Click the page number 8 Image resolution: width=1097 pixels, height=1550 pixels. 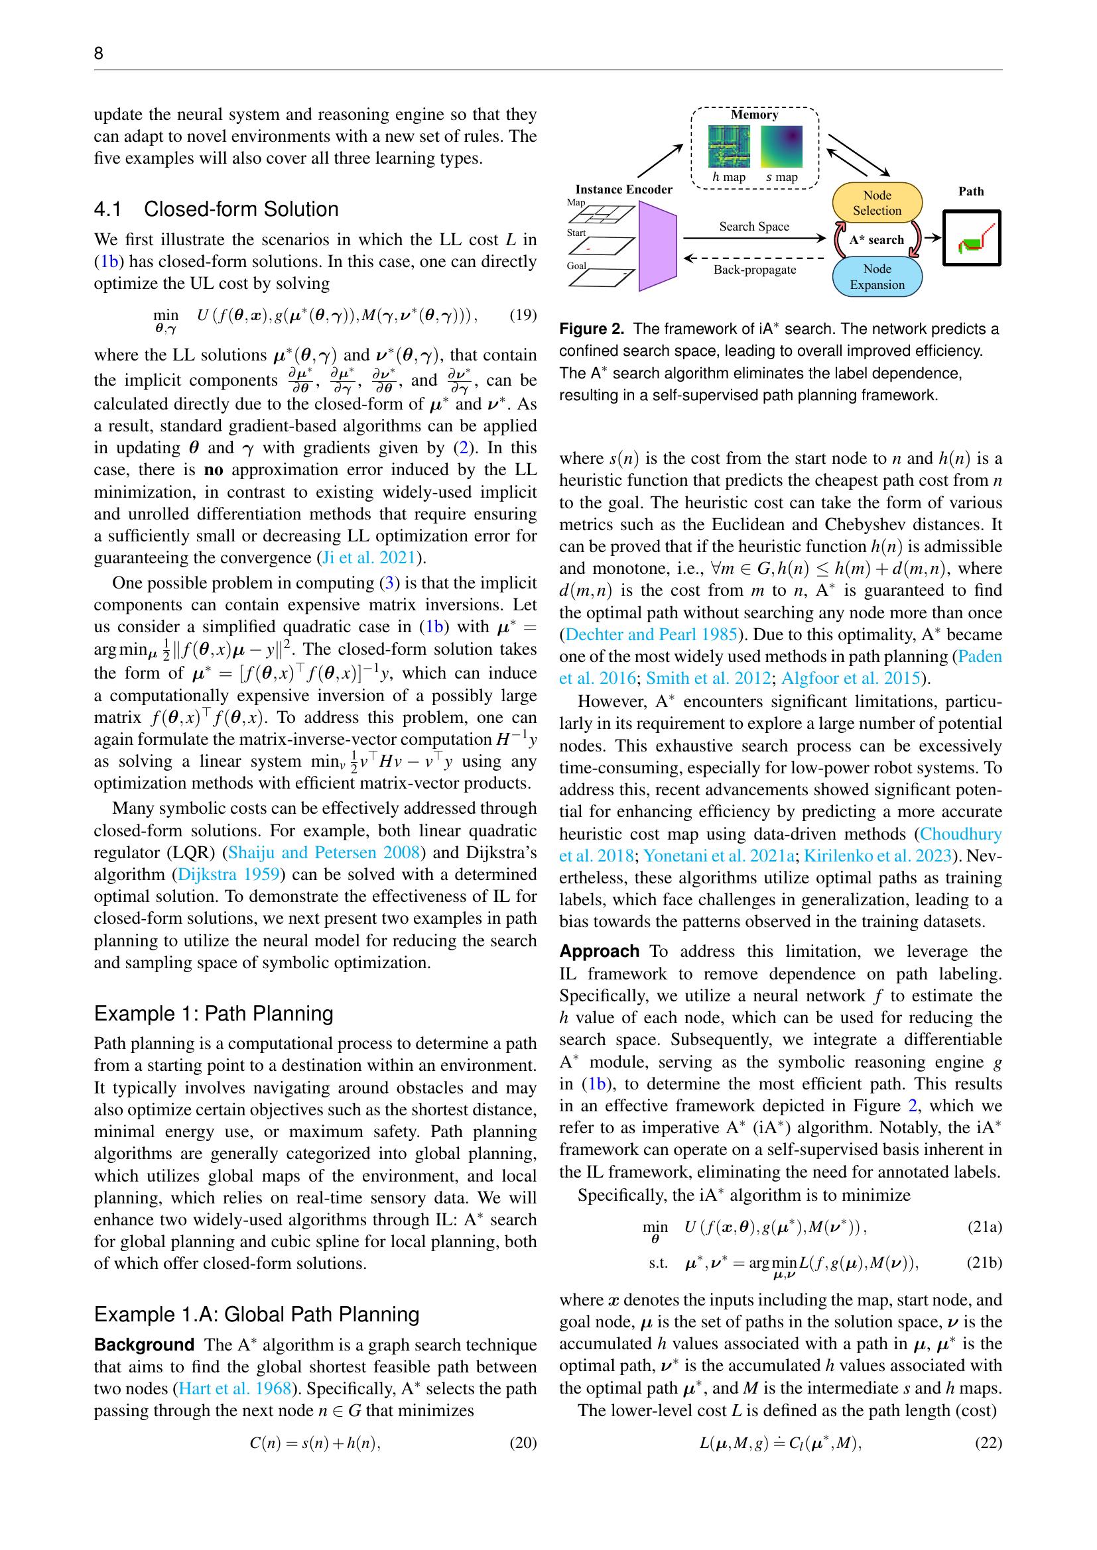pyautogui.click(x=99, y=54)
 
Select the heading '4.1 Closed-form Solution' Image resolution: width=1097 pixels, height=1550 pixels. pyautogui.click(x=216, y=209)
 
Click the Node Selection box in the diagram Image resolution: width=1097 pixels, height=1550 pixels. pyautogui.click(x=877, y=203)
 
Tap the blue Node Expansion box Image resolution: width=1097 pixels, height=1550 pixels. pyautogui.click(x=877, y=277)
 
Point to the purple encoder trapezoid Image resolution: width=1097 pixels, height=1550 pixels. pyautogui.click(x=657, y=247)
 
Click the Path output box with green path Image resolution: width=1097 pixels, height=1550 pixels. pyautogui.click(x=972, y=239)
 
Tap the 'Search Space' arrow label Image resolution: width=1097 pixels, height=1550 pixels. pyautogui.click(x=754, y=227)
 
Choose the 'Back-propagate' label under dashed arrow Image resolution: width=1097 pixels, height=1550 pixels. pyautogui.click(x=755, y=270)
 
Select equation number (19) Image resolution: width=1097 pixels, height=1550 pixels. pyautogui.click(x=522, y=315)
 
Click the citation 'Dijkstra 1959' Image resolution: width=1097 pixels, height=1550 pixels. pyautogui.click(x=228, y=875)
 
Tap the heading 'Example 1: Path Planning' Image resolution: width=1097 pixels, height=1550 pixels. pyautogui.click(x=214, y=1014)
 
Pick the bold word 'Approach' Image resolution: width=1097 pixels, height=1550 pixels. pyautogui.click(x=599, y=952)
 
